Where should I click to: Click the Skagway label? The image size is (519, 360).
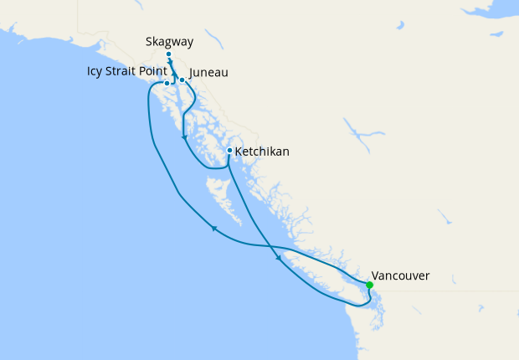(170, 40)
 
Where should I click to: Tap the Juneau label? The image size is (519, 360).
(209, 73)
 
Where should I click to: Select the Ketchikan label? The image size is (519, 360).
(262, 152)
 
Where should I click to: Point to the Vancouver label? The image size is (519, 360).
(401, 275)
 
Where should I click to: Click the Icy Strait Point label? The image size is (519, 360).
(126, 70)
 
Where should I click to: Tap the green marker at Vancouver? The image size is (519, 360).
(370, 285)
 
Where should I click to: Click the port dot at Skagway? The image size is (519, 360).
(169, 54)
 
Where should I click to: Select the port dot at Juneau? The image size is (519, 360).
(182, 80)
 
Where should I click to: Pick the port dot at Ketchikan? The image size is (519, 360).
(229, 151)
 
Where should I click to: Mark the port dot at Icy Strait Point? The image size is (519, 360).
(167, 83)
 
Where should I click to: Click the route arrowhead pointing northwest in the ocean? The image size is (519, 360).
(214, 228)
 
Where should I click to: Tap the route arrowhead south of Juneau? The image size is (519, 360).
(183, 138)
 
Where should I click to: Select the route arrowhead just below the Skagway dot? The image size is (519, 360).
(171, 64)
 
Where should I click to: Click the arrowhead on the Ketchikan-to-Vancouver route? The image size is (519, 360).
(278, 260)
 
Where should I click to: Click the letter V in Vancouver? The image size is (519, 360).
(375, 275)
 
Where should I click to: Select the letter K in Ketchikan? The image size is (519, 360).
(239, 152)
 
